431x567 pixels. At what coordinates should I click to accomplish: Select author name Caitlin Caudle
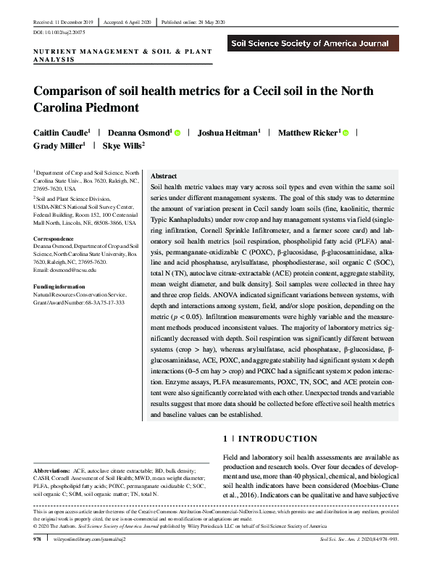point(58,133)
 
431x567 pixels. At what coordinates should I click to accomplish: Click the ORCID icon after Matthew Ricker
point(346,133)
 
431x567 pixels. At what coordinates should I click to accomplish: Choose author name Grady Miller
point(58,146)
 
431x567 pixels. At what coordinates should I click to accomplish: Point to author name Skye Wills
point(122,146)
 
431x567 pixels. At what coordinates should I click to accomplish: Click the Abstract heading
point(163,176)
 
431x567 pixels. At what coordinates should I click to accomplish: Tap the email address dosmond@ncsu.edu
point(75,270)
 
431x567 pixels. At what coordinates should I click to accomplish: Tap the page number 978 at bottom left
point(37,540)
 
